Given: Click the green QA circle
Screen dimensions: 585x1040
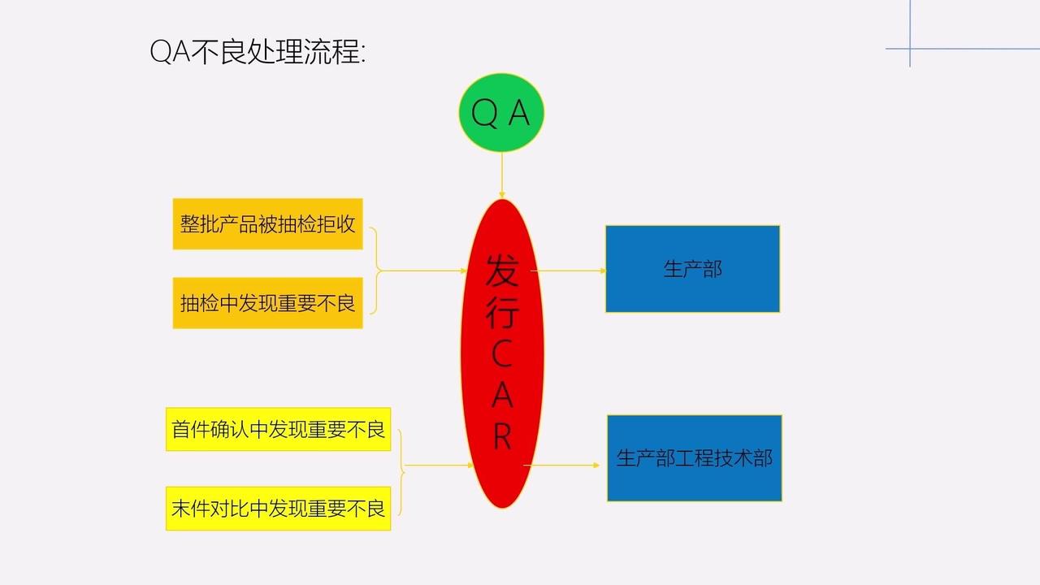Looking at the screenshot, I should coord(501,113).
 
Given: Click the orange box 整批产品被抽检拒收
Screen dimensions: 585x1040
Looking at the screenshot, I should coord(267,223).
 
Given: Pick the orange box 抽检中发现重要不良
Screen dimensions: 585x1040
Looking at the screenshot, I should coord(267,303).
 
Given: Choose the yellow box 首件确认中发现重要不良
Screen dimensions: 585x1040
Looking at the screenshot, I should coord(278,429).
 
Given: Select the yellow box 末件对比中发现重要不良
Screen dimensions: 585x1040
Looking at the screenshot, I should coord(278,509).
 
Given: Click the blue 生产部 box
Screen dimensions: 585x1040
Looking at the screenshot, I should coord(692,269).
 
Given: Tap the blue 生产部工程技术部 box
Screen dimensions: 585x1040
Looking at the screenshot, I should coord(694,458).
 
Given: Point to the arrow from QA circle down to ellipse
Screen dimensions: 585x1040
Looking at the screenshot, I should coord(502,175).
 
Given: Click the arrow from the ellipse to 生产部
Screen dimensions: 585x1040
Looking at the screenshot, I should coord(569,271).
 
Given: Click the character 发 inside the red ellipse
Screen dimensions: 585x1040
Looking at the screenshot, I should coord(502,271).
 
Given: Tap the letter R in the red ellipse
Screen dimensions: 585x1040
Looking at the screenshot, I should coord(502,437).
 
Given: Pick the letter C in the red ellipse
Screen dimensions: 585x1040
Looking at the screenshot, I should coord(502,354).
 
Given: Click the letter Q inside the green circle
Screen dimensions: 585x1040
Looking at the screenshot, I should coord(483,114).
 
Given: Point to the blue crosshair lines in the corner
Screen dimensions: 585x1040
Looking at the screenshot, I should coord(910,49).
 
